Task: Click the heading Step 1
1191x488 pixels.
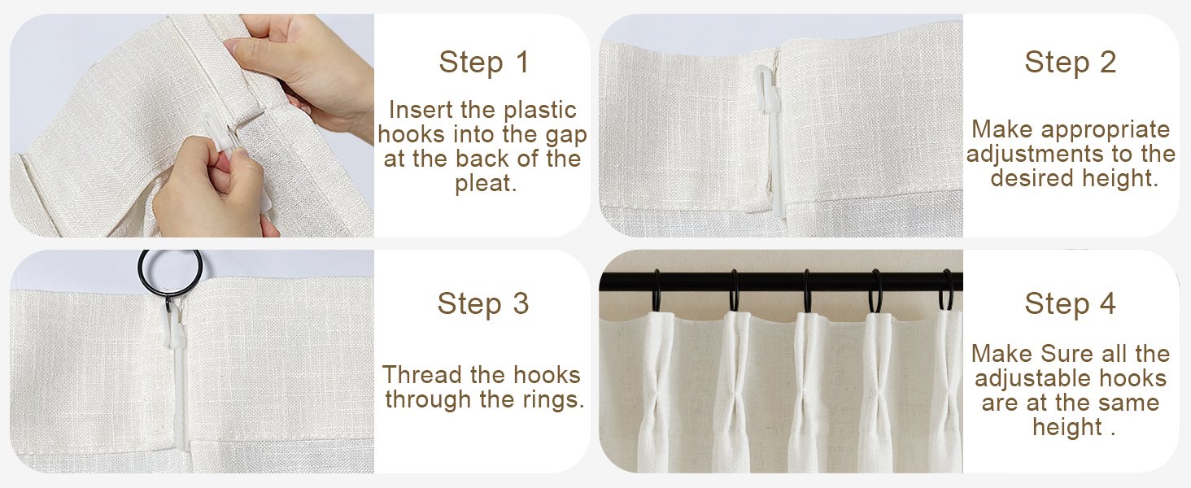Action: (484, 62)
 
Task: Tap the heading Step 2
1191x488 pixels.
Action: (1070, 62)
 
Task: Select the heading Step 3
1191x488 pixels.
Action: (482, 303)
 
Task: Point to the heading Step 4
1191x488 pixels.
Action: (1070, 303)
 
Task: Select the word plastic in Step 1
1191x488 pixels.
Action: (539, 111)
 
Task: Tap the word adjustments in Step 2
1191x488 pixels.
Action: (1035, 155)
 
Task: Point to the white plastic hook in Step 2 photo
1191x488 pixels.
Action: (771, 141)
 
